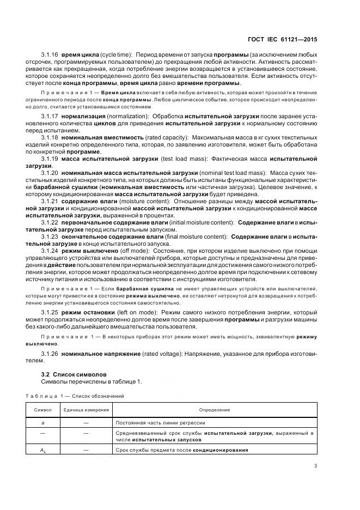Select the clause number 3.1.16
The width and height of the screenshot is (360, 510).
(x=50, y=56)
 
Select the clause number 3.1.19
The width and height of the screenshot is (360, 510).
(x=50, y=159)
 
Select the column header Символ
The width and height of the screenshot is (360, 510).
(x=42, y=409)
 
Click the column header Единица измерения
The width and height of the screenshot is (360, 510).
(x=86, y=409)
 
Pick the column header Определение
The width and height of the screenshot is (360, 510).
(x=215, y=409)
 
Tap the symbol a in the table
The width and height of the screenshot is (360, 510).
(x=42, y=422)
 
